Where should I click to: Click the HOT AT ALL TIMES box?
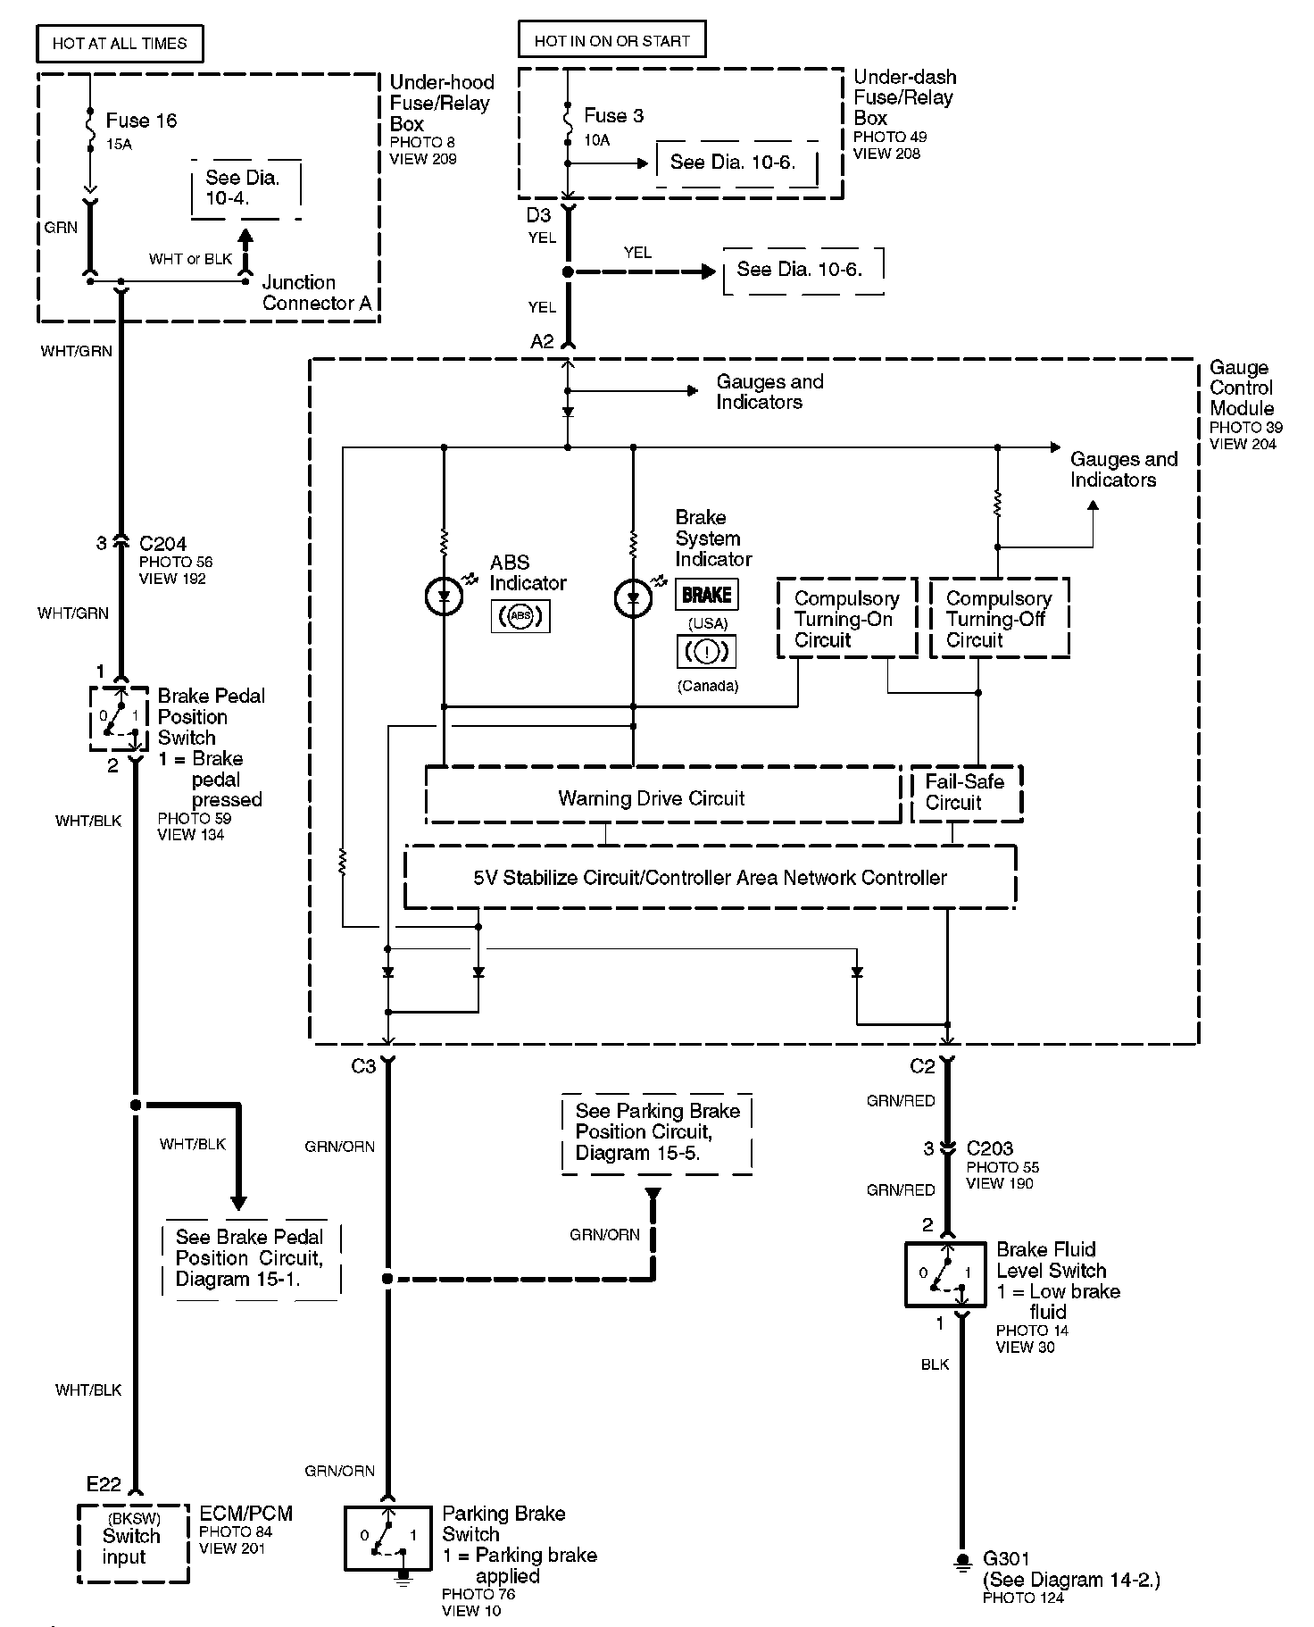coord(120,43)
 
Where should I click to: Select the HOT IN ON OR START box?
coord(611,40)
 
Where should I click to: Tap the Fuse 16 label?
coord(141,121)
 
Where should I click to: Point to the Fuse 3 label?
coord(613,115)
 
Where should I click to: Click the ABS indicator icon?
coord(520,616)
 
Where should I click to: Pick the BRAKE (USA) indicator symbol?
coord(707,595)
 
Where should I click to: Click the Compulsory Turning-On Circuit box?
coord(846,619)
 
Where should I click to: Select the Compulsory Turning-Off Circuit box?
coord(999,619)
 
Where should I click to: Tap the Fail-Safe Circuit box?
coord(966,793)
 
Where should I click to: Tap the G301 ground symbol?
coord(962,1561)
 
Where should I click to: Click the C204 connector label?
coord(162,543)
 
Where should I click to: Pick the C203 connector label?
coord(990,1148)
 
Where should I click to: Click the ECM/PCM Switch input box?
coord(133,1543)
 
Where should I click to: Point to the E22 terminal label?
coord(104,1484)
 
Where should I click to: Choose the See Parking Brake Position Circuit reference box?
coord(657,1131)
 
